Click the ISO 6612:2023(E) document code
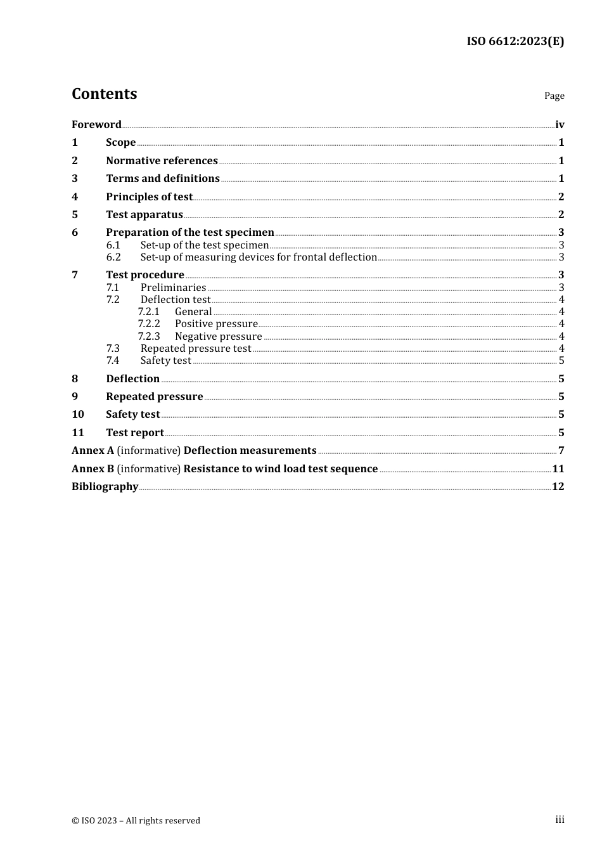pos(515,42)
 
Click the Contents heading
pos(104,94)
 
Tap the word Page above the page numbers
pos(554,96)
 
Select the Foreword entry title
pos(96,125)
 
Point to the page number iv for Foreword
pos(560,125)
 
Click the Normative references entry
pos(162,161)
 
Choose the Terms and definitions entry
pos(163,179)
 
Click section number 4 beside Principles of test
pos(75,197)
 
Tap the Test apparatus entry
pos(144,215)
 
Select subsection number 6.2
pos(113,257)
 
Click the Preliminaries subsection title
pos(173,288)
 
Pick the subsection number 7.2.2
pos(149,324)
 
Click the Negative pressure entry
pos(218,337)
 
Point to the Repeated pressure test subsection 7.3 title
pos(196,349)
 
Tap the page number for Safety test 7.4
pos(561,361)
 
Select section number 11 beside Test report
pos(78,433)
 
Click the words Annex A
pos(93,451)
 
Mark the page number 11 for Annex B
pos(558,469)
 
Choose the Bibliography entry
pos(105,487)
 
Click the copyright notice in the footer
pos(136,821)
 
